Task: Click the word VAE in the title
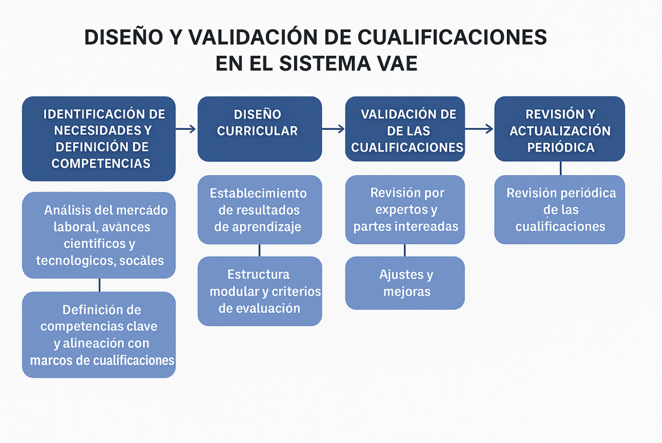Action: [395, 63]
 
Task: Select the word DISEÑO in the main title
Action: [124, 37]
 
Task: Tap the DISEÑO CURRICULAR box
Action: [259, 129]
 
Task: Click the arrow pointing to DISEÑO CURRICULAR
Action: [186, 129]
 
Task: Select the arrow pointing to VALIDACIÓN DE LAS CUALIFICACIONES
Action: [333, 129]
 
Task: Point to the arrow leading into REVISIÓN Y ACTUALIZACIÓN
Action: [479, 129]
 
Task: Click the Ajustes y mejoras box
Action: [405, 283]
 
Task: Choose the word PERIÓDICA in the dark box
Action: [561, 147]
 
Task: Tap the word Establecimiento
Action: [258, 194]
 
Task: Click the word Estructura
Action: [259, 275]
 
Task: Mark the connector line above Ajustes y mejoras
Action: [405, 250]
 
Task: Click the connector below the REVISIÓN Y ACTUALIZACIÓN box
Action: [561, 168]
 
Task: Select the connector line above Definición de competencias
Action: [100, 285]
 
